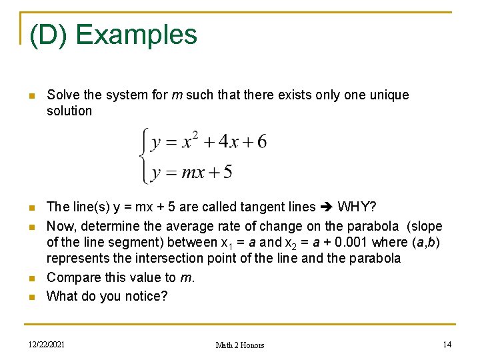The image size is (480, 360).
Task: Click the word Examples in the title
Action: pyautogui.click(x=139, y=35)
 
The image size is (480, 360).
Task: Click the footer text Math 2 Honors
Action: pyautogui.click(x=240, y=345)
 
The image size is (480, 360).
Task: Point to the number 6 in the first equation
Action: pyautogui.click(x=261, y=142)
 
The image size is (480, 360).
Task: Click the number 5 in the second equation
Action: pyautogui.click(x=227, y=173)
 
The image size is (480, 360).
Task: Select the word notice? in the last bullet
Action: pyautogui.click(x=144, y=296)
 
